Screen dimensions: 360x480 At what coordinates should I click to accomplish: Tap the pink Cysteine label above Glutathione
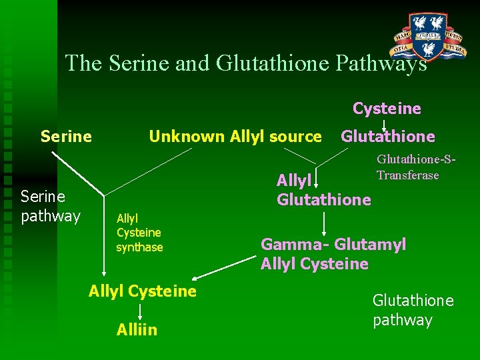tap(387, 109)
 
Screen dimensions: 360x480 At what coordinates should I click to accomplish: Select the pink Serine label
tap(66, 137)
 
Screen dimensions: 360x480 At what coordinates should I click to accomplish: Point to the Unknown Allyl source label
tap(235, 137)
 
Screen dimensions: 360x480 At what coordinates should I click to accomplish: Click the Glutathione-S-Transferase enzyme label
tap(416, 167)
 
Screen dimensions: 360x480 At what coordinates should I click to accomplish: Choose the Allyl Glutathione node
tap(323, 190)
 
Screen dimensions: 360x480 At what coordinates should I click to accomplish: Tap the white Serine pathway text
tap(50, 206)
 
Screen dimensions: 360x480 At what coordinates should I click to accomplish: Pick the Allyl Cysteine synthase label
tap(139, 233)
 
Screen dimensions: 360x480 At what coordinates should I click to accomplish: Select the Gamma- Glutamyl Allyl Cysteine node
tap(332, 254)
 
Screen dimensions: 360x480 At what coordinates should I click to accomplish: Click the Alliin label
tap(137, 330)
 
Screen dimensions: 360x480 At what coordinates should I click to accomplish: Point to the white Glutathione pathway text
tap(413, 310)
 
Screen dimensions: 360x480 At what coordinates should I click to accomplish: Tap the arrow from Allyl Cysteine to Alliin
tap(139, 311)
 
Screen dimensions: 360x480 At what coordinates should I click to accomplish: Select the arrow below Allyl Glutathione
tap(324, 222)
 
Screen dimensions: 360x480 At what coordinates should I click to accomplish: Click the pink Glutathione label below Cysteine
tap(387, 137)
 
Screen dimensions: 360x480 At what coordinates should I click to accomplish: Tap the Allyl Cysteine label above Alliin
tap(143, 291)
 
